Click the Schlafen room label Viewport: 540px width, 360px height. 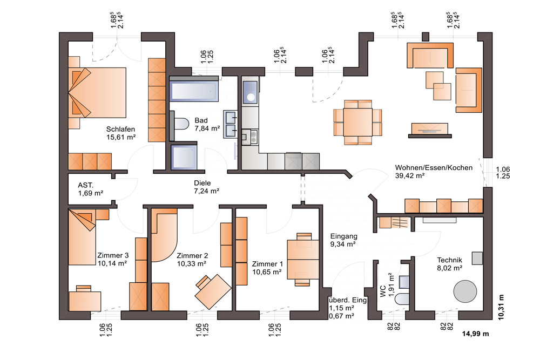[120, 130]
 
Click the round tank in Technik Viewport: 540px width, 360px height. [465, 291]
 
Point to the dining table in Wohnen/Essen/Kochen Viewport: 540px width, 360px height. [358, 122]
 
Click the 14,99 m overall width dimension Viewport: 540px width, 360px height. [475, 334]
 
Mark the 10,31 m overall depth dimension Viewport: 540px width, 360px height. [501, 307]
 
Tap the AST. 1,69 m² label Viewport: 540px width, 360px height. [91, 189]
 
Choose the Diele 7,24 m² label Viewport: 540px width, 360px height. [206, 187]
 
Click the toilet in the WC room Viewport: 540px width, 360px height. [402, 298]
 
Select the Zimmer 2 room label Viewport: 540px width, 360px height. [192, 256]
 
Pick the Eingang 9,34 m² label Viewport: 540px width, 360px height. [343, 240]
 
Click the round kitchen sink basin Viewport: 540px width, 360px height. [251, 97]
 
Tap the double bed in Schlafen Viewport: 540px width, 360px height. [97, 93]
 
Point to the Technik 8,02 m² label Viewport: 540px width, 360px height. [449, 264]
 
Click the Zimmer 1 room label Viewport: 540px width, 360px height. [267, 264]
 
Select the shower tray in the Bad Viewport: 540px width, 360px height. [184, 157]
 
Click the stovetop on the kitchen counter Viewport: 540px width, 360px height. [249, 137]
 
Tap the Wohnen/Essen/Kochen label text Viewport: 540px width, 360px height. [434, 168]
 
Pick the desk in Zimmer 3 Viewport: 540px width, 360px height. [85, 302]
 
